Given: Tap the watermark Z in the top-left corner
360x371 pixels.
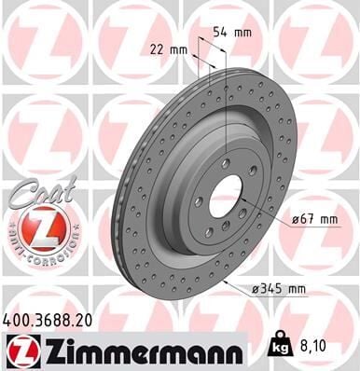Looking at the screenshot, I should [x=42, y=42].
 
